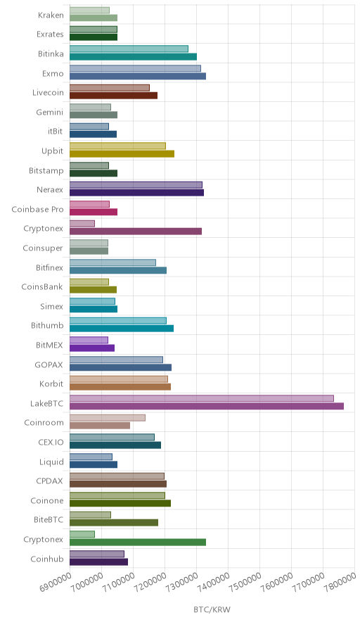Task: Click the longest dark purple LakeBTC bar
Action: (207, 406)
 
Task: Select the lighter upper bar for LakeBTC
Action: (202, 398)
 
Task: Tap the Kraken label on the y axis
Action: (51, 15)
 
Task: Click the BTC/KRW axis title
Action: (212, 610)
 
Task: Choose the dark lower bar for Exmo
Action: (138, 76)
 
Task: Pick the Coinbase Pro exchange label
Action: (37, 210)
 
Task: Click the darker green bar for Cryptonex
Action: (138, 542)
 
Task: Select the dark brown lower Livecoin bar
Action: (113, 96)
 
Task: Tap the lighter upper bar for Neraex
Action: (136, 185)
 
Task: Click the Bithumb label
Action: (47, 326)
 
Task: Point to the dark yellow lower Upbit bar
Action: (122, 154)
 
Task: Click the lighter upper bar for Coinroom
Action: (108, 418)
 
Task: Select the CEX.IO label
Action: (51, 442)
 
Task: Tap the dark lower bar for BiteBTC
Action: (114, 523)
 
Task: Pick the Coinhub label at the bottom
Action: (47, 559)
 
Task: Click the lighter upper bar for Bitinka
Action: (129, 49)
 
